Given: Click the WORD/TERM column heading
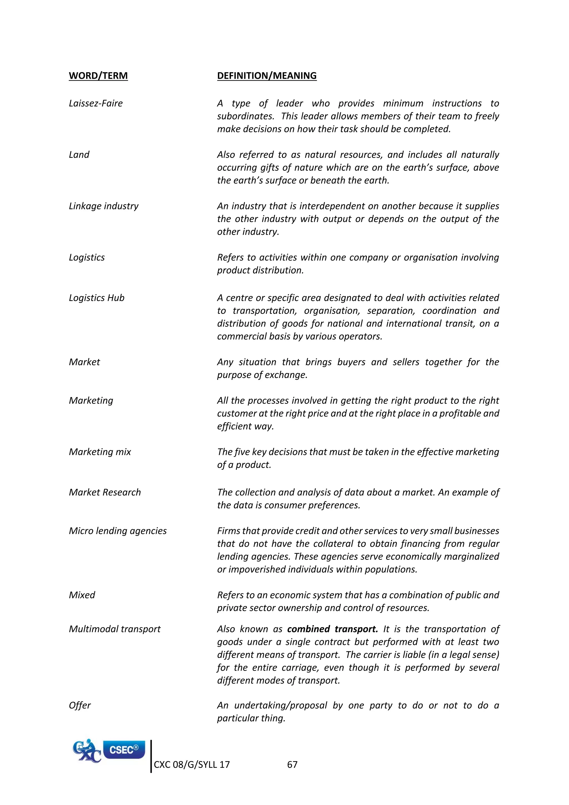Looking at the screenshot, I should pyautogui.click(x=98, y=76).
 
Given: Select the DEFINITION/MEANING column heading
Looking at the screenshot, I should pyautogui.click(x=267, y=76).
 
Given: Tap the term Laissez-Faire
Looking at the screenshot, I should pyautogui.click(x=96, y=103).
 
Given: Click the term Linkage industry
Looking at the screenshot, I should pyautogui.click(x=103, y=206).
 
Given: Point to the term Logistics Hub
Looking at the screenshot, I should pyautogui.click(x=96, y=298).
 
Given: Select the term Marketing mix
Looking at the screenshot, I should pyautogui.click(x=100, y=452).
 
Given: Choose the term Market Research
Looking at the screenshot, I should pyautogui.click(x=105, y=492).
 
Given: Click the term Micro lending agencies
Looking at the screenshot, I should pyautogui.click(x=118, y=531).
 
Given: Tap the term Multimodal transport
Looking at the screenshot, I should pyautogui.click(x=114, y=629).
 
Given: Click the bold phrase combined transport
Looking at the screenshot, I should pyautogui.click(x=333, y=629).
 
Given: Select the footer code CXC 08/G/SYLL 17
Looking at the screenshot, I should pyautogui.click(x=192, y=764).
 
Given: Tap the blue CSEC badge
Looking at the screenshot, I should pyautogui.click(x=124, y=750).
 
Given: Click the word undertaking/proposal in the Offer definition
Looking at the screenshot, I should pyautogui.click(x=281, y=705).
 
